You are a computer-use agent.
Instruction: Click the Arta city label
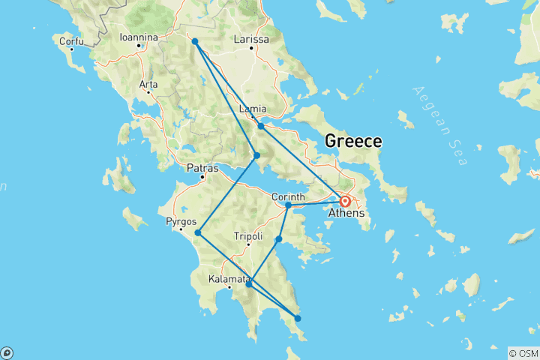click(x=148, y=84)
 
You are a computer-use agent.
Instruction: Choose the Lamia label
click(x=252, y=109)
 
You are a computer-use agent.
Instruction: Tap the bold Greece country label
click(x=352, y=141)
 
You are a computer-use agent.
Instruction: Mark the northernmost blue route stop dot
click(x=194, y=41)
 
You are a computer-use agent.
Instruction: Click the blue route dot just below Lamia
click(x=261, y=125)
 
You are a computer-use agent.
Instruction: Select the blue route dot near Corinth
click(x=288, y=205)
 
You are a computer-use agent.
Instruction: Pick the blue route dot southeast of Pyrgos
click(x=197, y=232)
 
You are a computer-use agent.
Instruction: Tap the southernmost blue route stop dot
click(x=298, y=319)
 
